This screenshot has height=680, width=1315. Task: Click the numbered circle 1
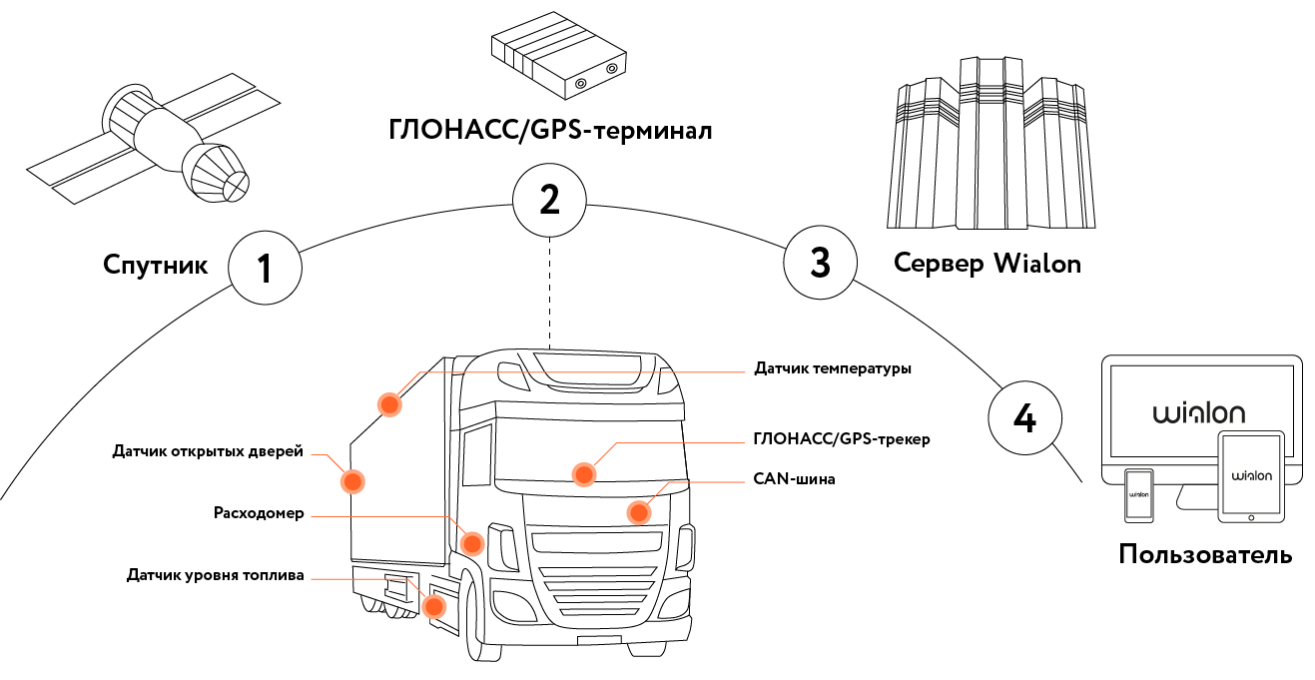pos(265,268)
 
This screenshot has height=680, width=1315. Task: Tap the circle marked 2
pos(549,200)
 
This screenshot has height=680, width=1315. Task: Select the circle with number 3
pos(820,263)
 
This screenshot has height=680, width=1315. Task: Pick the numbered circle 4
pos(1024,418)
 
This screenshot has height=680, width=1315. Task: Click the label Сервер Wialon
pos(987,264)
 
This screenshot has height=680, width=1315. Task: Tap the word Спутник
pos(155,266)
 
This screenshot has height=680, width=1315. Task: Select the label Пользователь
pos(1205,554)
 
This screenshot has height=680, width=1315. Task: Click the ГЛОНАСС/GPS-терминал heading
pos(550,131)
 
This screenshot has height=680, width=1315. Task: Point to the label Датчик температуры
pos(832,369)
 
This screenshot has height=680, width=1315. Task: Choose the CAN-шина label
pos(794,479)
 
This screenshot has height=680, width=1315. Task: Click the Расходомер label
pos(259,514)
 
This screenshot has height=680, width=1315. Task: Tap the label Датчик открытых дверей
pos(207,452)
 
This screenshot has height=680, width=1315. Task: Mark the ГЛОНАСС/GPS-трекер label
pos(842,439)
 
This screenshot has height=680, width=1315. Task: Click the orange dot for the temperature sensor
pos(388,404)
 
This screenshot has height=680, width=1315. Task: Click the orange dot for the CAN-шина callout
pos(639,512)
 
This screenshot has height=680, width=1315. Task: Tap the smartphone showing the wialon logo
pos(1139,494)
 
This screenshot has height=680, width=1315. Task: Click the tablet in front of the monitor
pos(1251,476)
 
